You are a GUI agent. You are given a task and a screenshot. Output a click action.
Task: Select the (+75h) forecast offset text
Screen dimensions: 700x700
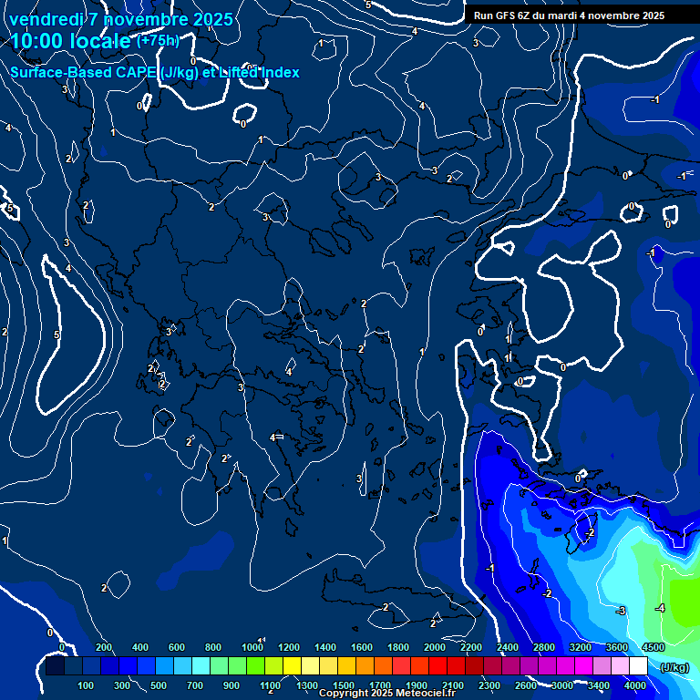click(x=157, y=41)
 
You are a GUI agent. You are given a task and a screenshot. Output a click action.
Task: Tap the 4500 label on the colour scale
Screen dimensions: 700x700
click(x=653, y=647)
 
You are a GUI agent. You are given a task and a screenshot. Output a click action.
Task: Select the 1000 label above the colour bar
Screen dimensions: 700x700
click(x=252, y=647)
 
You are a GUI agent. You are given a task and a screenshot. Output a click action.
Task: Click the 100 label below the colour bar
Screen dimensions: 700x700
click(x=87, y=685)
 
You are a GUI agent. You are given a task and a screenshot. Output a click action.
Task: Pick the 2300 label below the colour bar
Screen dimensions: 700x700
click(x=489, y=685)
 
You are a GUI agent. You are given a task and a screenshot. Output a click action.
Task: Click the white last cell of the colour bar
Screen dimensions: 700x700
click(x=638, y=667)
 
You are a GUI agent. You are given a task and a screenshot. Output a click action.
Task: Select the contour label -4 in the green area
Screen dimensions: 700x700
click(x=660, y=608)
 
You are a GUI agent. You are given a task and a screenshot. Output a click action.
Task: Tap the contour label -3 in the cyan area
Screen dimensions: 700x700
click(x=620, y=611)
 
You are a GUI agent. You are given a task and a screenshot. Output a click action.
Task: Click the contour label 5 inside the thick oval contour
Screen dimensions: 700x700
click(x=56, y=335)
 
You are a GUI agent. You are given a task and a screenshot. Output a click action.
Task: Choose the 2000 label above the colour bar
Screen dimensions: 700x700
click(x=435, y=647)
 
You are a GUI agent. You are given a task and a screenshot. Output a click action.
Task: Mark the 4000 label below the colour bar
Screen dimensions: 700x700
click(x=635, y=685)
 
